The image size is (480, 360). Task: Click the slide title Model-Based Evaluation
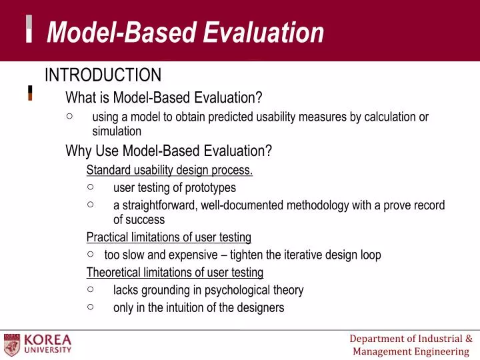click(x=185, y=32)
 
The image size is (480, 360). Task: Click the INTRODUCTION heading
click(x=103, y=75)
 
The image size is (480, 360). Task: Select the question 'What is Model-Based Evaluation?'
click(x=164, y=98)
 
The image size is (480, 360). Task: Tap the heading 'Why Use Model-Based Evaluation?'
click(x=169, y=151)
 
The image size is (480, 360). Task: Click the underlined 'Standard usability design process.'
click(x=169, y=169)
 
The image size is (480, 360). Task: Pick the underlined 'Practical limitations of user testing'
click(x=169, y=237)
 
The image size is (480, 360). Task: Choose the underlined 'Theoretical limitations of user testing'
click(x=175, y=272)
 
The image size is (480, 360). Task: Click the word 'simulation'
click(x=117, y=131)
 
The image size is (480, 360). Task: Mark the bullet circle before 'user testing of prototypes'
click(x=91, y=187)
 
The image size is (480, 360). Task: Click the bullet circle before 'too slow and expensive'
click(x=91, y=254)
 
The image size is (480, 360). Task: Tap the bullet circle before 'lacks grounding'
click(x=91, y=289)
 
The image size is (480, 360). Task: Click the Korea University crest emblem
click(x=12, y=344)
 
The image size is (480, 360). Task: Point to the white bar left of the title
click(x=29, y=29)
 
